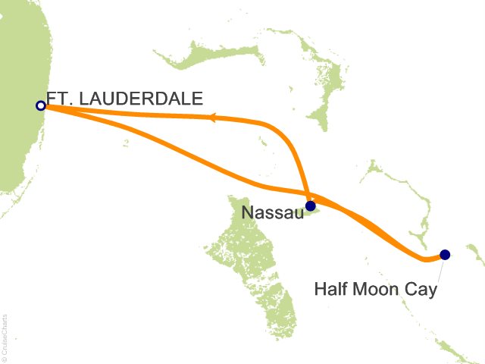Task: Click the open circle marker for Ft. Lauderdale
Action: click(x=40, y=106)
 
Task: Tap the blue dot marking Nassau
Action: click(x=310, y=205)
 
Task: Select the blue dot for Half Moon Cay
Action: click(x=445, y=255)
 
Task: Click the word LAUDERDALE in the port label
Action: click(x=149, y=98)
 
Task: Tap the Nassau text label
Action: click(x=271, y=214)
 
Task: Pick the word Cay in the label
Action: click(x=421, y=289)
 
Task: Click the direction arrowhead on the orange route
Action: click(x=213, y=118)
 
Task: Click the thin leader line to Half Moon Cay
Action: click(x=437, y=269)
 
